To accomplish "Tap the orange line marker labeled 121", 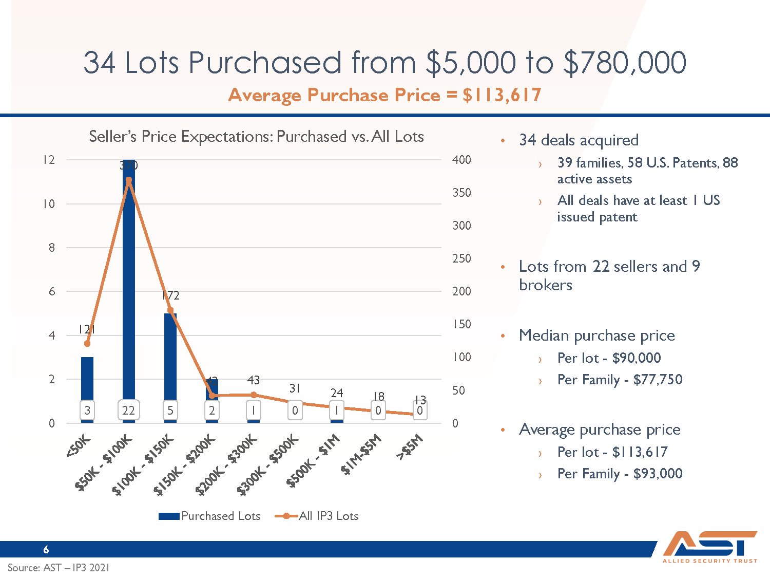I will click(x=87, y=343).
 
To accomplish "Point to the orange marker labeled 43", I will click(x=254, y=395).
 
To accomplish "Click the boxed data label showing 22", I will click(x=128, y=411).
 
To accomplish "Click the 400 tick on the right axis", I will click(x=461, y=160).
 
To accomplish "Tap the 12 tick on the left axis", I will click(x=49, y=160).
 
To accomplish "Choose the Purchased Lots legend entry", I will click(x=210, y=516).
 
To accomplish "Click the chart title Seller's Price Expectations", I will click(x=256, y=137).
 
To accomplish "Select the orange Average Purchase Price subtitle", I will click(x=385, y=95).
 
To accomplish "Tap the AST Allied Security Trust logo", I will click(x=710, y=547).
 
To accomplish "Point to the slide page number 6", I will click(x=46, y=549).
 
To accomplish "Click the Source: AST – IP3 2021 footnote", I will click(x=59, y=568).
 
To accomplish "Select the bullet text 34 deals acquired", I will click(x=579, y=140).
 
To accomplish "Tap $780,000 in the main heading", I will click(x=625, y=63).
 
